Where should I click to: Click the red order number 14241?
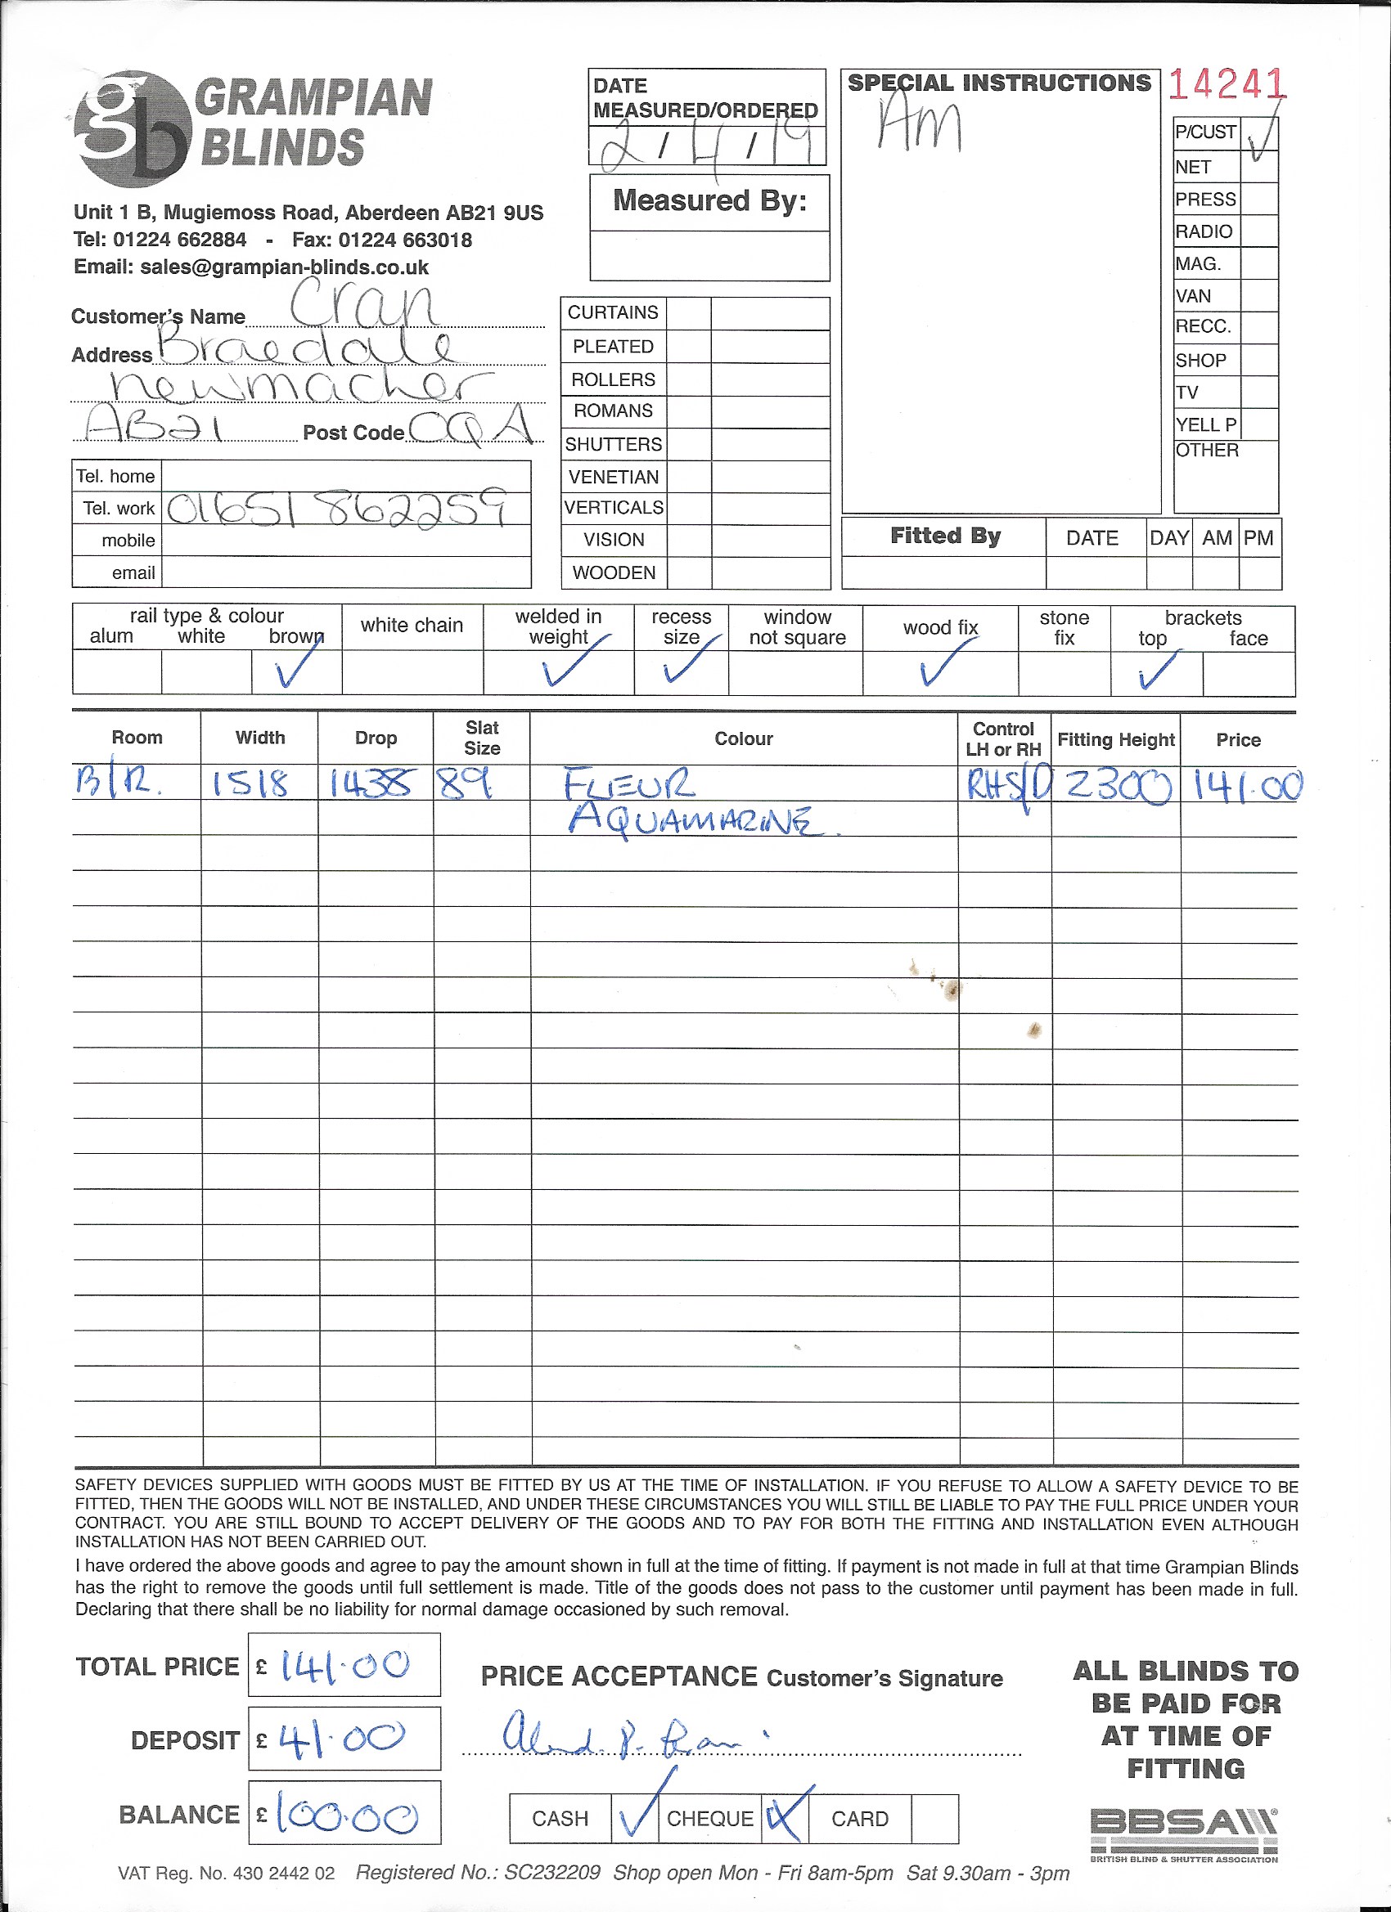1227,84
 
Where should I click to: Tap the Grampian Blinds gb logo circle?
132,129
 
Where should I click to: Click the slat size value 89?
465,785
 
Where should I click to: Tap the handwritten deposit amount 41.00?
342,1738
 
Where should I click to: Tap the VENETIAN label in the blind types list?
613,477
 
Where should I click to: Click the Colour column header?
743,738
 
